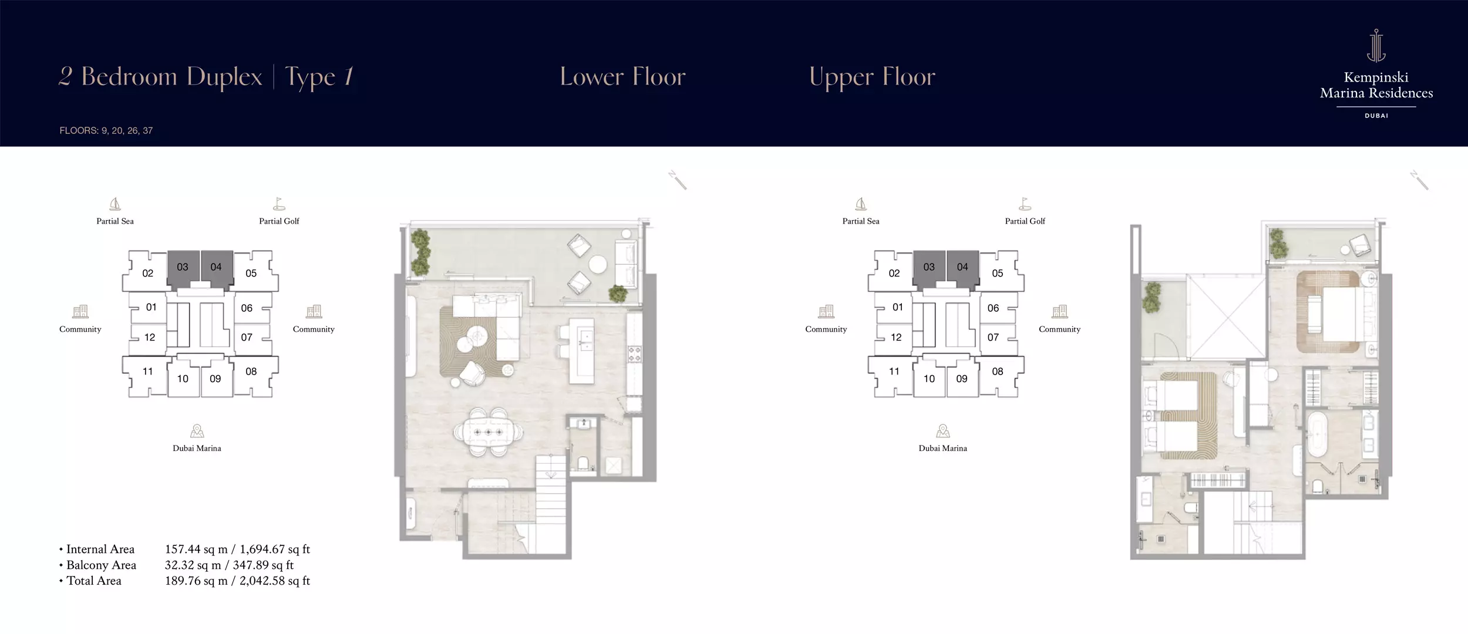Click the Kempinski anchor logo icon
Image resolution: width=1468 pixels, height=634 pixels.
(1376, 45)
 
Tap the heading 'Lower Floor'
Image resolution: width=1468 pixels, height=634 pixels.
(622, 77)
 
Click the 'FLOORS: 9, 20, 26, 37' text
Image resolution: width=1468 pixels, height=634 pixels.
(106, 130)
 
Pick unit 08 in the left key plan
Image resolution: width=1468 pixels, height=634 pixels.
(251, 372)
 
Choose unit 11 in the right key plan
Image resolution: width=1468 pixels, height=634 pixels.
(894, 372)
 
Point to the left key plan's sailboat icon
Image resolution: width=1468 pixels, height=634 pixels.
(115, 204)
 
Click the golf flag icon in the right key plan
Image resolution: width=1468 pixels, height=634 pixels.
(1025, 204)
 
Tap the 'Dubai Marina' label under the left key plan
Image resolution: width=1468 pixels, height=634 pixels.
(197, 448)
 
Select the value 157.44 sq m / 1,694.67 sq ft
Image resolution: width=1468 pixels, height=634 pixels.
(237, 549)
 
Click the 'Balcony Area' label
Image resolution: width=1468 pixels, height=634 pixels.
(101, 565)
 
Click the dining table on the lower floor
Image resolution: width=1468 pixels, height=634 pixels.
(488, 433)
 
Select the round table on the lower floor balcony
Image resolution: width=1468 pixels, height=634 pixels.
(598, 265)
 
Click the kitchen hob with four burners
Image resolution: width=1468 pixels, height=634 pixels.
(635, 354)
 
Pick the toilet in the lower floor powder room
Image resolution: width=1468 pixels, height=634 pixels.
(583, 464)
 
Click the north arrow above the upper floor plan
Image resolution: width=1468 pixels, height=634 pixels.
(1419, 180)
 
